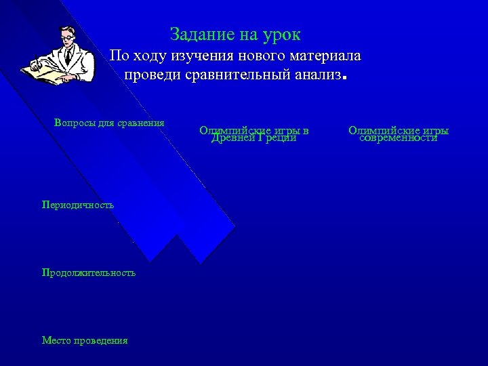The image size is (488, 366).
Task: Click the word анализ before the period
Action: coord(314,74)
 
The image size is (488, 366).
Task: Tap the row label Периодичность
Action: coord(77,204)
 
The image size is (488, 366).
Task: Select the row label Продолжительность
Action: coord(88,272)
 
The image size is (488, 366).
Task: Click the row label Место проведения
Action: coord(84,340)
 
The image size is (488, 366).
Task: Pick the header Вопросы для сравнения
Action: coord(108,123)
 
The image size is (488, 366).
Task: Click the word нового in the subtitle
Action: coord(250,56)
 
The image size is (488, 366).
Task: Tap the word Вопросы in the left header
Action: coord(73,123)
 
